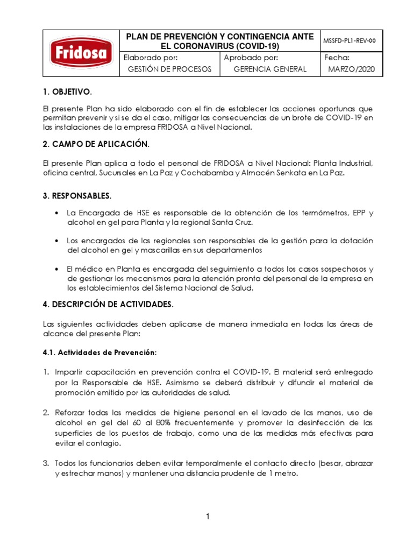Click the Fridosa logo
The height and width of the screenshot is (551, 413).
pyautogui.click(x=81, y=52)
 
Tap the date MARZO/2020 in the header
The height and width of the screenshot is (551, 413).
pyautogui.click(x=352, y=69)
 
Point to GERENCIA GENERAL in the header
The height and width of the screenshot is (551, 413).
pyautogui.click(x=270, y=69)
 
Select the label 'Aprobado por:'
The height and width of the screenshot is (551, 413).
pyautogui.click(x=251, y=57)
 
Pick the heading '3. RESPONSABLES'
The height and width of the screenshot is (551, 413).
pyautogui.click(x=77, y=195)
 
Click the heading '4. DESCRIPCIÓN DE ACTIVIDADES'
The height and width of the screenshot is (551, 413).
pyautogui.click(x=108, y=305)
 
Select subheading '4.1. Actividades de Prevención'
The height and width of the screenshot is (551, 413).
pyautogui.click(x=99, y=352)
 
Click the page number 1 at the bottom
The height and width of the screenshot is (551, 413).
pyautogui.click(x=207, y=517)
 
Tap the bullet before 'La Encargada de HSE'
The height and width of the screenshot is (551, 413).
pyautogui.click(x=56, y=213)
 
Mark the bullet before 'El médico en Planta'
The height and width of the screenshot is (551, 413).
pyautogui.click(x=56, y=269)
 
